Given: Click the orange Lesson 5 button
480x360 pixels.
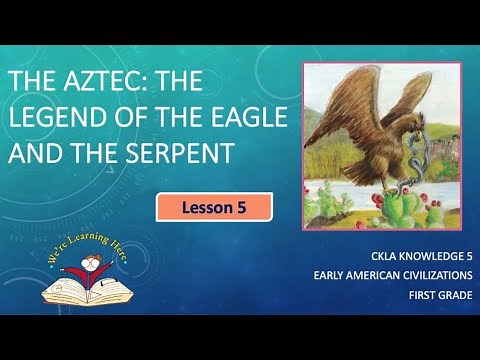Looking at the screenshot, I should [214, 208].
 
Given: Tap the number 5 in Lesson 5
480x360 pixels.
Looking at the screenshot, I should [240, 208].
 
